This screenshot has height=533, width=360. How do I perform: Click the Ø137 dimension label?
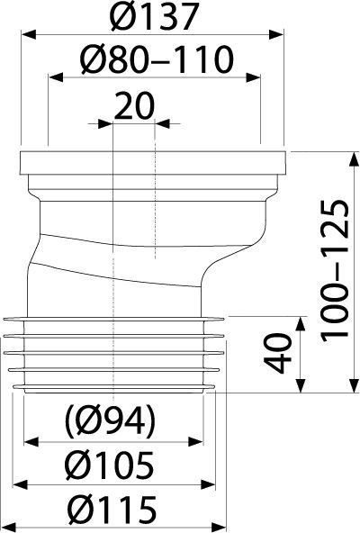point(154,16)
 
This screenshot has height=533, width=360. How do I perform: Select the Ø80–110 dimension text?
point(157,59)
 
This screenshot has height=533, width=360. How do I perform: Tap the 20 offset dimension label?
point(134,106)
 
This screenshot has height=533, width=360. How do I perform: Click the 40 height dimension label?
point(278,353)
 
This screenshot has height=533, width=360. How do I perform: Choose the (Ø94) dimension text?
point(111,420)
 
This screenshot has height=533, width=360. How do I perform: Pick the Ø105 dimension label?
point(110,465)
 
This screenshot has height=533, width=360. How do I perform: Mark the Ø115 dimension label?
point(112,510)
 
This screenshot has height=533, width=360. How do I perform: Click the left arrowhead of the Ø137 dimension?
point(29,35)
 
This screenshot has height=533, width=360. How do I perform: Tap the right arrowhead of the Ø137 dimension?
point(276,35)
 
